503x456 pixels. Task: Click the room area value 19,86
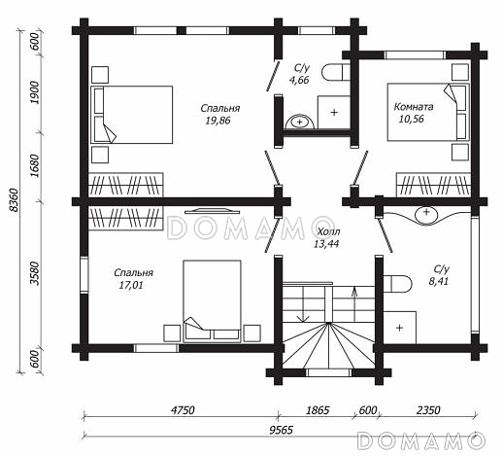click(218, 121)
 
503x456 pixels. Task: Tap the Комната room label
click(414, 107)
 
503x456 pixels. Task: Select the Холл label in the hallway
click(328, 231)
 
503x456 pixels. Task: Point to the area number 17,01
click(131, 285)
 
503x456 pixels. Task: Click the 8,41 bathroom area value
click(439, 281)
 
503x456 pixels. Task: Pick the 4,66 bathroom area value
click(299, 80)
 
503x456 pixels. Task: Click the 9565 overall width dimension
click(281, 430)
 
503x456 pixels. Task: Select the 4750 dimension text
click(183, 410)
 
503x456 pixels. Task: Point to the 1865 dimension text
click(318, 410)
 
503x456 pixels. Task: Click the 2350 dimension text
click(428, 410)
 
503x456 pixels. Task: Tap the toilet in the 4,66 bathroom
click(336, 72)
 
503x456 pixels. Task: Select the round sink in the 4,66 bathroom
click(300, 123)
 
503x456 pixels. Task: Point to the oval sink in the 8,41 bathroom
click(426, 214)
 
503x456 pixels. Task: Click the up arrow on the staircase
click(354, 304)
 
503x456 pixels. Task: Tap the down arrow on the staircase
click(303, 304)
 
